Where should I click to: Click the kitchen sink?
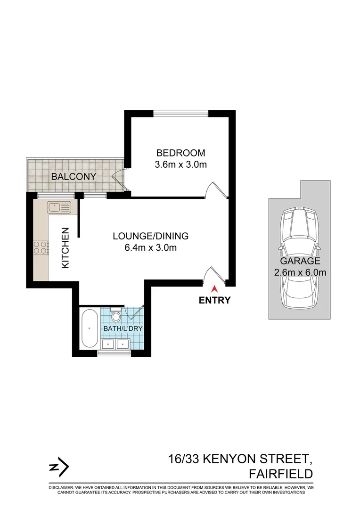pyautogui.click(x=59, y=205)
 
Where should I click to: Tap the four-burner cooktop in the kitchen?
pyautogui.click(x=41, y=247)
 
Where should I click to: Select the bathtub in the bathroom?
pyautogui.click(x=88, y=329)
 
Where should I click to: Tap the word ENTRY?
pyautogui.click(x=215, y=300)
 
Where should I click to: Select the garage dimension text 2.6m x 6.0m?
pyautogui.click(x=300, y=272)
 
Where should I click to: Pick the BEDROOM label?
pyautogui.click(x=181, y=153)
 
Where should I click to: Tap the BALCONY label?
pyautogui.click(x=74, y=177)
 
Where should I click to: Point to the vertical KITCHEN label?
pyautogui.click(x=65, y=248)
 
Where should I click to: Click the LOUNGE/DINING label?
pyautogui.click(x=150, y=236)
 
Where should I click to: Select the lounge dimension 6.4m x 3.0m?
pyautogui.click(x=150, y=247)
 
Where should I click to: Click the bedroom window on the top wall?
pyautogui.click(x=180, y=113)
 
